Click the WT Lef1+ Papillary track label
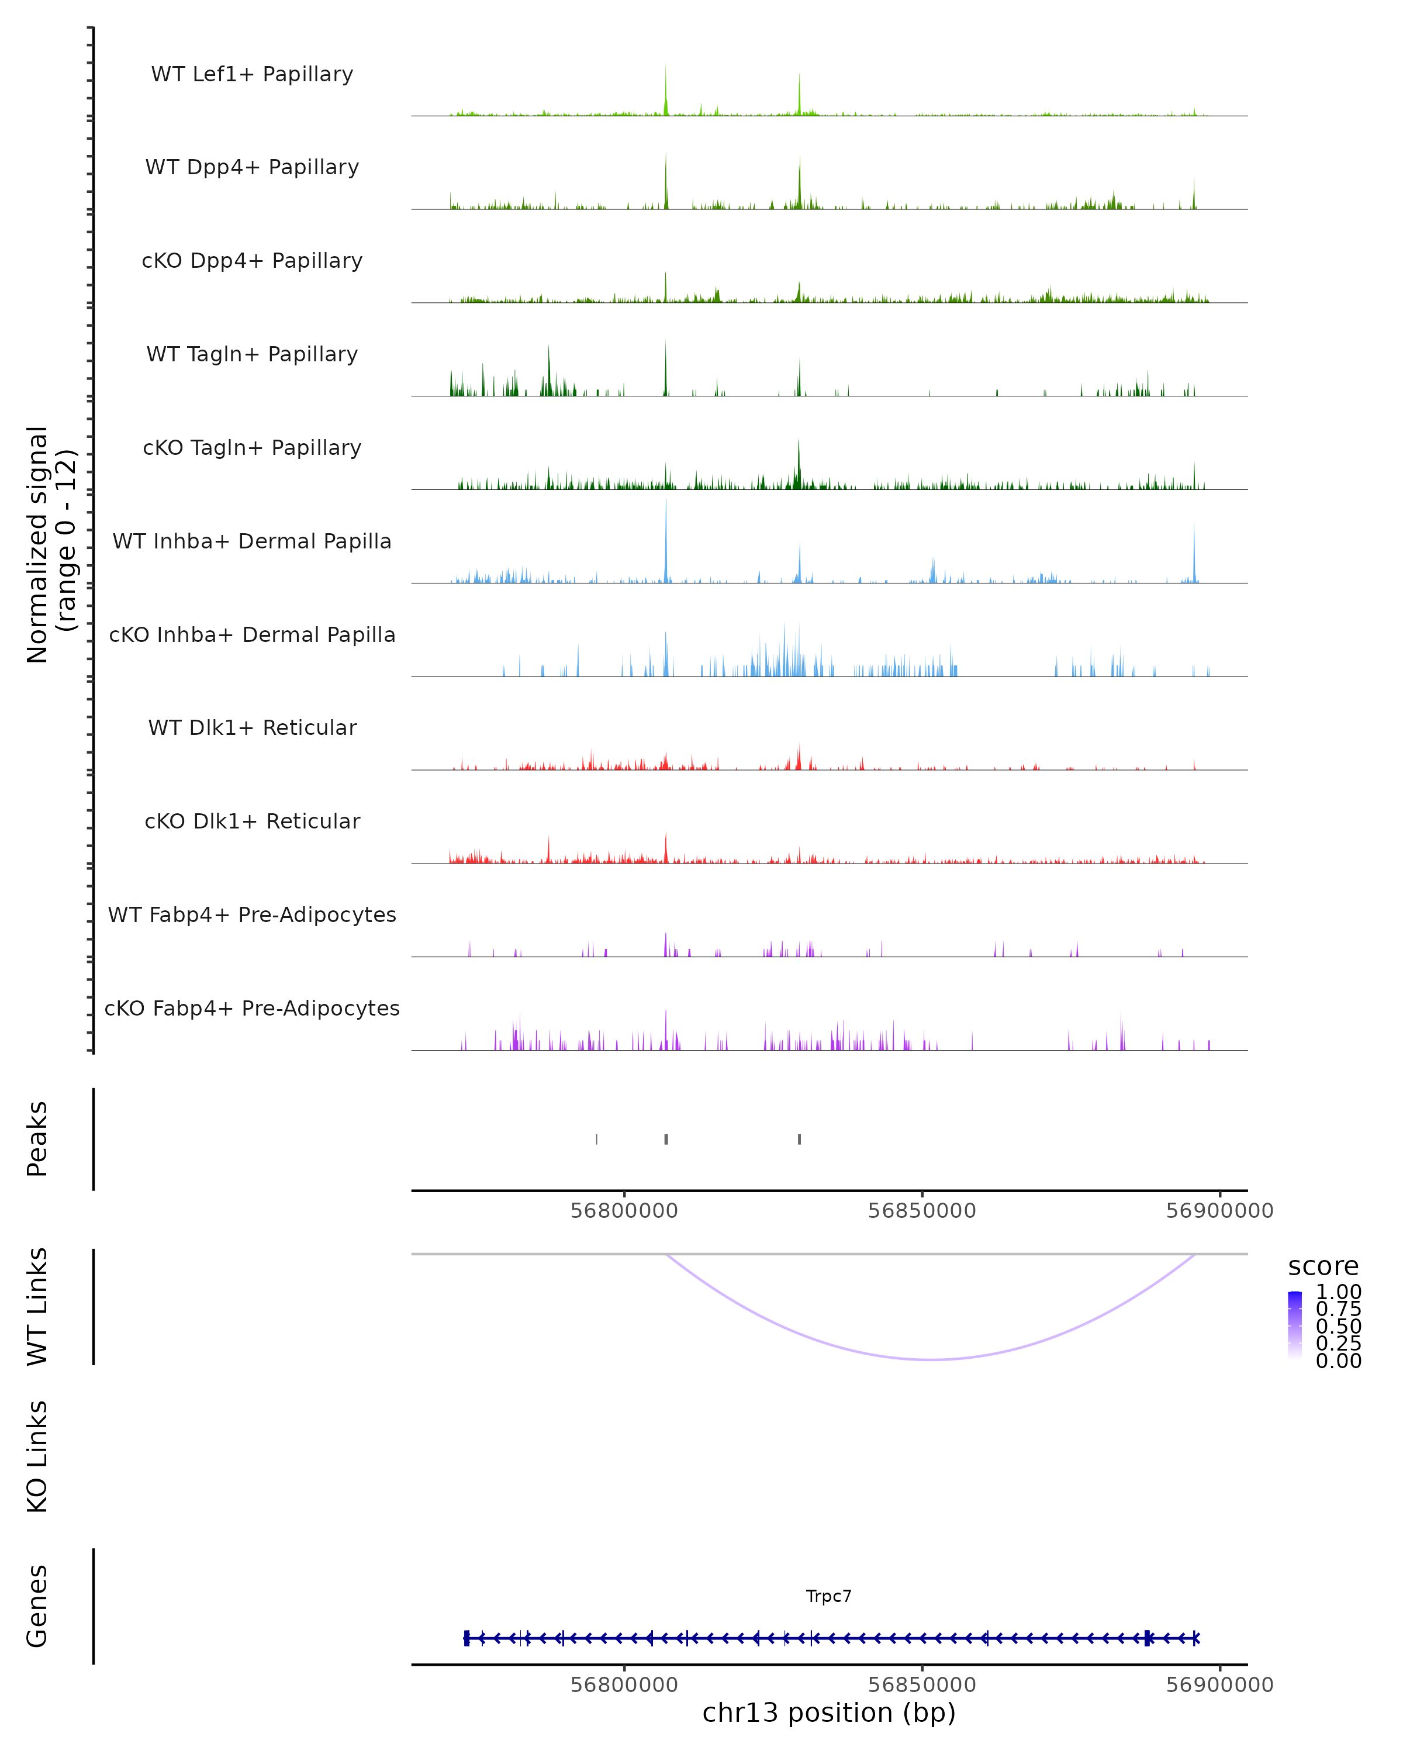coord(252,74)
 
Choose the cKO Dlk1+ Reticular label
coord(252,821)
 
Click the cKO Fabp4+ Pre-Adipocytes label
coord(252,1008)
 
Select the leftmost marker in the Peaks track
coord(597,1139)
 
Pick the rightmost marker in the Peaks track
coord(800,1139)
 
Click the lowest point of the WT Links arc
coord(932,1359)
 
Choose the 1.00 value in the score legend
coord(1339,1292)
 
